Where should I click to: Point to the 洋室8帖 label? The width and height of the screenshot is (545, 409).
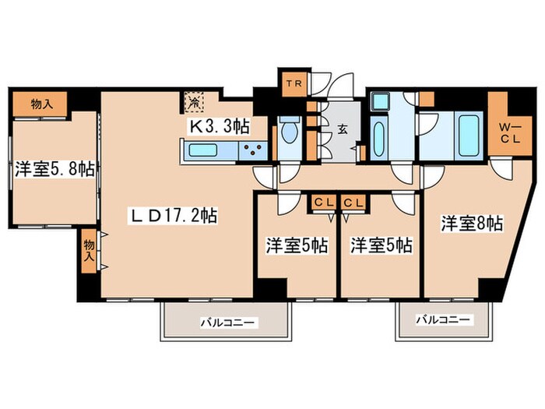470,223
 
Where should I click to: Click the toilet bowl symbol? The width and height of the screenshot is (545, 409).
289,132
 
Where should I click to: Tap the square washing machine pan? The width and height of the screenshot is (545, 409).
379,101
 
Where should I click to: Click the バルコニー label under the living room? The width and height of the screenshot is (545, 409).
227,321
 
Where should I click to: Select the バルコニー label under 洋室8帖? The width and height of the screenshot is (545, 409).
442,319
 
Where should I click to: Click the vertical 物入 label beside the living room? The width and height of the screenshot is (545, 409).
89,249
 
